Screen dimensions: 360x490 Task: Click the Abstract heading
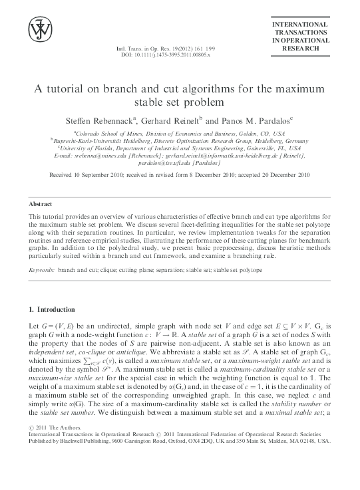click(43, 202)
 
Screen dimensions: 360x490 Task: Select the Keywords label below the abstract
click(43, 270)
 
